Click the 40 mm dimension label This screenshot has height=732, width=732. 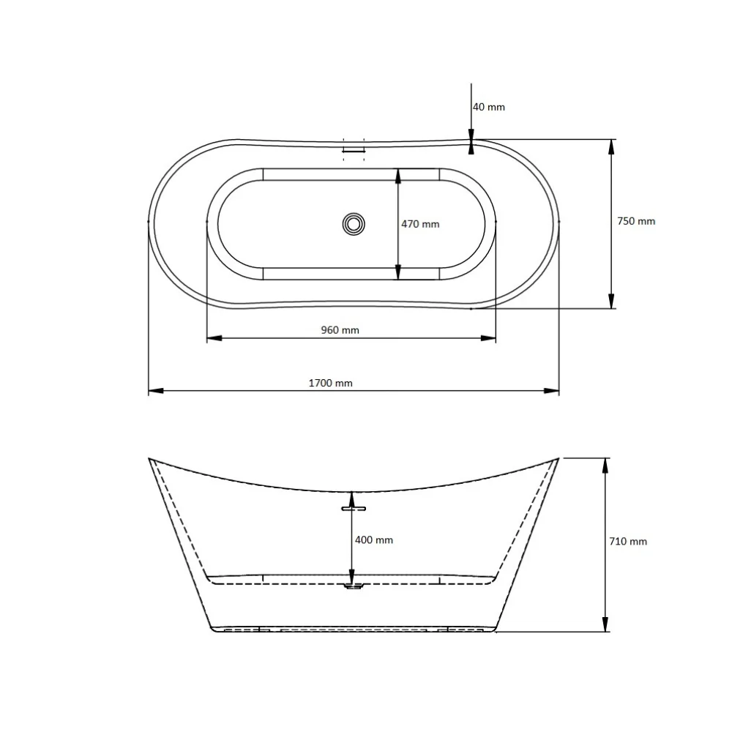(x=489, y=107)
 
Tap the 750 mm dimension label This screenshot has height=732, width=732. (x=636, y=221)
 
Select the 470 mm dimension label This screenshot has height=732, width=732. (x=420, y=224)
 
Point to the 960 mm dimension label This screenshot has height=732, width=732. (x=340, y=330)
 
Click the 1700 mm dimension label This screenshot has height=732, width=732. (x=331, y=384)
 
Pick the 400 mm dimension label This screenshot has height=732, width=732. (x=374, y=540)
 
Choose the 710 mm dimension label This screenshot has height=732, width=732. (x=628, y=542)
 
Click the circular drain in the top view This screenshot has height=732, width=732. (x=354, y=224)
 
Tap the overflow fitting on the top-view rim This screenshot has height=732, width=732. (x=354, y=149)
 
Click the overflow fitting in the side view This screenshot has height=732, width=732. (x=354, y=508)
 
